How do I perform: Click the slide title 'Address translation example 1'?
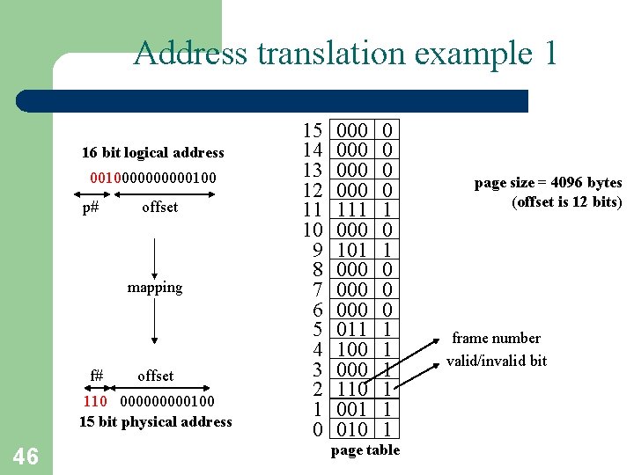[x=345, y=54]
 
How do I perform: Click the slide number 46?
[x=26, y=456]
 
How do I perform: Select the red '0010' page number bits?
[x=103, y=179]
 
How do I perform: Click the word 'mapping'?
[x=154, y=288]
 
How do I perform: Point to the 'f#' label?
[x=97, y=376]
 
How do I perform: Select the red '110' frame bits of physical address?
[x=95, y=401]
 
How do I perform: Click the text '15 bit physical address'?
[x=155, y=421]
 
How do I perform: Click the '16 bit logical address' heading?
[x=152, y=152]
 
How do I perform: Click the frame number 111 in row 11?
[x=352, y=210]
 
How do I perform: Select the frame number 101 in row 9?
[x=352, y=250]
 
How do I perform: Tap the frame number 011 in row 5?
[x=352, y=330]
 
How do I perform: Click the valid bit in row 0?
[x=387, y=429]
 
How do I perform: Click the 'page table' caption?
[x=365, y=450]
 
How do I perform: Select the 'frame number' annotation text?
[x=496, y=339]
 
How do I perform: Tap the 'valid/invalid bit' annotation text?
[x=496, y=361]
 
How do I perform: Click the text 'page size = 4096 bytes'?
[x=548, y=183]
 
